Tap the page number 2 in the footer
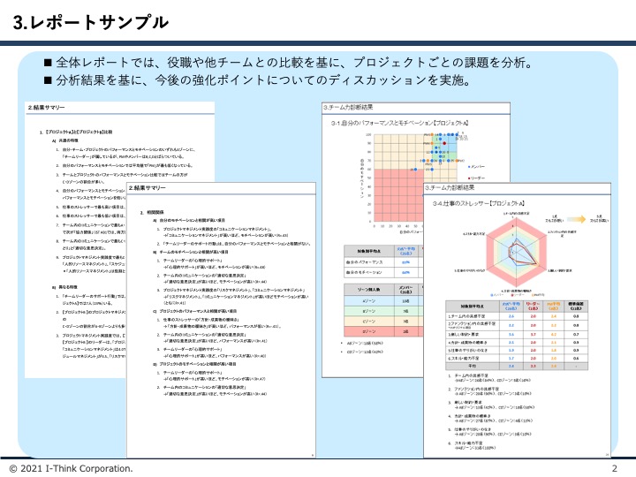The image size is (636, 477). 615,467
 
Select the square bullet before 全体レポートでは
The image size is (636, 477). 49,64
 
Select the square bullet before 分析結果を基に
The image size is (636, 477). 49,81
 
